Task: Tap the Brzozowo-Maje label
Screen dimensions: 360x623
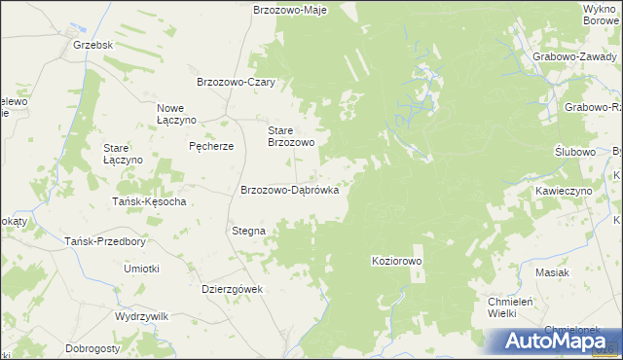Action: (289, 10)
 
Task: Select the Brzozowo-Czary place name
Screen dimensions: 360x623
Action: (238, 83)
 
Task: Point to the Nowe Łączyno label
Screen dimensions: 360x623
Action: (177, 113)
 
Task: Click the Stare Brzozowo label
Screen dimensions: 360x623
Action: (291, 135)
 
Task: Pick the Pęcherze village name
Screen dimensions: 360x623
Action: (211, 146)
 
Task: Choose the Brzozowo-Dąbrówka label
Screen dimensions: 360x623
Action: (289, 191)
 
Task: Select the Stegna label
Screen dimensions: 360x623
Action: (248, 232)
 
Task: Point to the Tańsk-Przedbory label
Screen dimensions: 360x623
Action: (104, 241)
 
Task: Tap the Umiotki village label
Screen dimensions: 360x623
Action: (141, 268)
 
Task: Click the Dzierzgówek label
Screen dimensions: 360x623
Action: (232, 288)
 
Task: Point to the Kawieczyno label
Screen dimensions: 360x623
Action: (564, 192)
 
